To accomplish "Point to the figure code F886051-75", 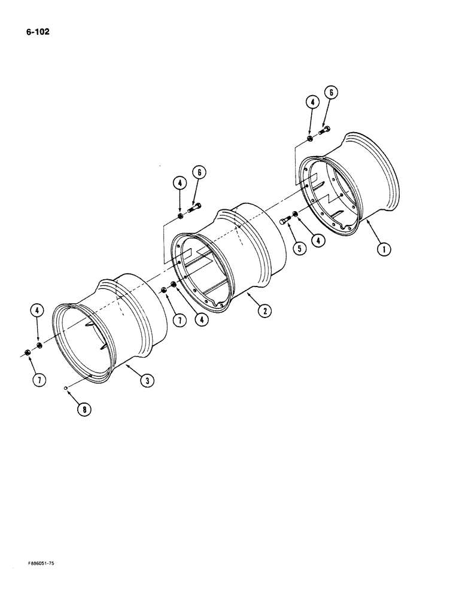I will [x=42, y=564].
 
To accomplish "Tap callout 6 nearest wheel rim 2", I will [x=199, y=172].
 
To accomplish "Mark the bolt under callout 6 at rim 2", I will [x=195, y=208].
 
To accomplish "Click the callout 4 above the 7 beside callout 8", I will [x=37, y=310].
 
